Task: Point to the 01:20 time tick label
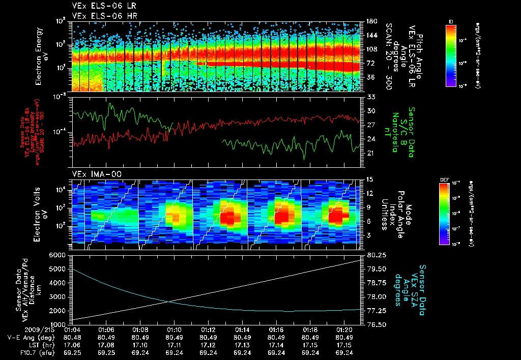tap(344, 329)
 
